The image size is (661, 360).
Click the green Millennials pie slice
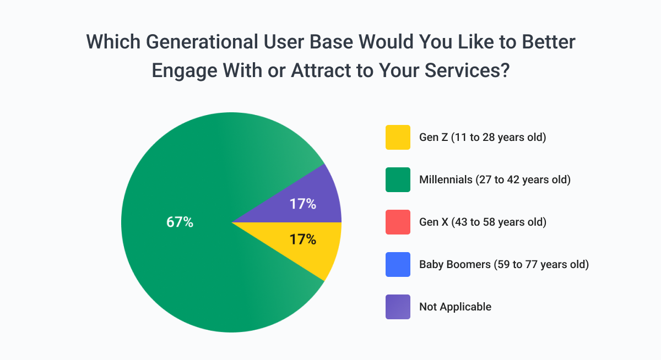[x=176, y=264]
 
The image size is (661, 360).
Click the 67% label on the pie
[x=180, y=222]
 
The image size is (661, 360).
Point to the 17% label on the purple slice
[x=303, y=204]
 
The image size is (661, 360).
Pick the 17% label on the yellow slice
[x=303, y=239]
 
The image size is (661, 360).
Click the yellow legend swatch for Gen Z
[x=398, y=137]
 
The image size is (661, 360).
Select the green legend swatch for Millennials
[x=398, y=179]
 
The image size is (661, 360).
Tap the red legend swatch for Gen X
[x=398, y=222]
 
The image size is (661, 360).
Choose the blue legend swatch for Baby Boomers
[x=398, y=264]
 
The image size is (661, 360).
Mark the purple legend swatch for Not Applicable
[x=398, y=307]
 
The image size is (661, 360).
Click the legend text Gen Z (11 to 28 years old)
[x=482, y=137]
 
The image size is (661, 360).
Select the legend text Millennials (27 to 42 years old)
[x=494, y=179]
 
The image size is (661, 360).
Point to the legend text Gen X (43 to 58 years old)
[x=483, y=222]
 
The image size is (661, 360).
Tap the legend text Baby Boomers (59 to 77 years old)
[x=504, y=264]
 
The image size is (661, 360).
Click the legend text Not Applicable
[x=455, y=307]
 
